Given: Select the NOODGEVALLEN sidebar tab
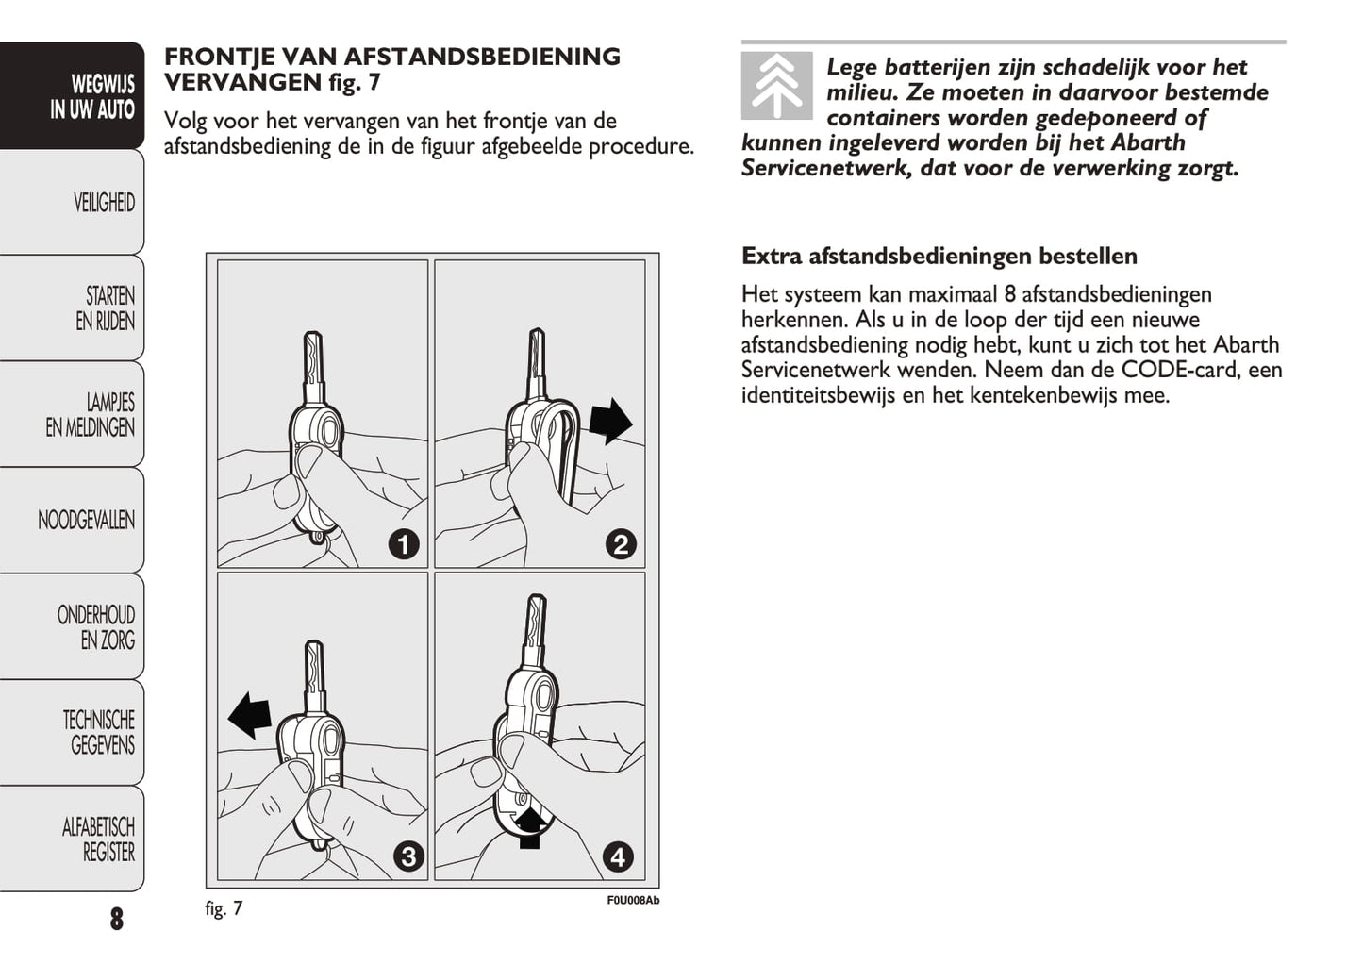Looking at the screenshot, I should click(86, 520).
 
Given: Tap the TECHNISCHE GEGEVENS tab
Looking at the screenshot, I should click(98, 733).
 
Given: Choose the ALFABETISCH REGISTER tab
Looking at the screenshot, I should click(98, 839).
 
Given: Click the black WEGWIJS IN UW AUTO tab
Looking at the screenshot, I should click(91, 97).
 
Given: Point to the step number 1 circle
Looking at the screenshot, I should click(404, 544).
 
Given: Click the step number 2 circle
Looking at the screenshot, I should click(620, 544).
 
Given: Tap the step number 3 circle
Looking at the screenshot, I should click(407, 856).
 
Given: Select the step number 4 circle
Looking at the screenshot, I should click(618, 856).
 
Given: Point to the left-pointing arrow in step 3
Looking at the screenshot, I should click(250, 714).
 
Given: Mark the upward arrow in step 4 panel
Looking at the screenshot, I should click(530, 824).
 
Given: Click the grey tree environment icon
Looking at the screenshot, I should click(776, 86).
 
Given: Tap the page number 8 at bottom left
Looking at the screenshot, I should click(116, 919).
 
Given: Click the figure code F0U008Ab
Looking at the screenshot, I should click(632, 901).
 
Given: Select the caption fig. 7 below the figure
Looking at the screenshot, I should click(224, 908).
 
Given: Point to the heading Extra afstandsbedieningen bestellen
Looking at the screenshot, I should click(939, 256).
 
